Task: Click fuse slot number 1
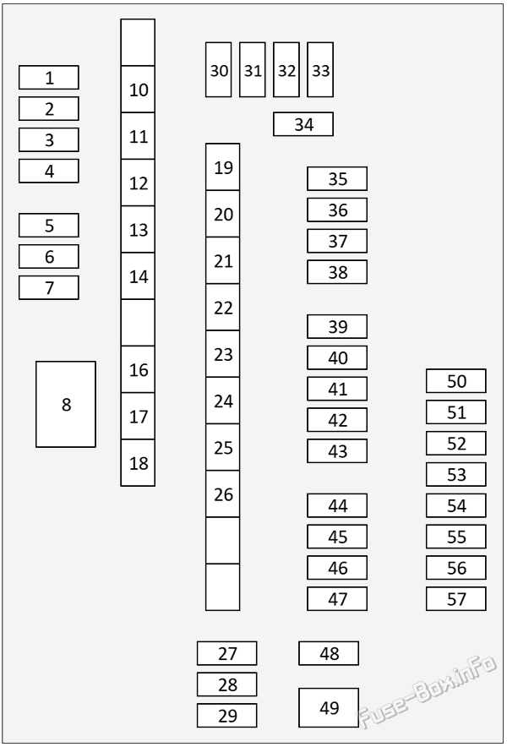(49, 78)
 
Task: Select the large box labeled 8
(66, 404)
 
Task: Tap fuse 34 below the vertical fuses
(303, 124)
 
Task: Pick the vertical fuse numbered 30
(219, 69)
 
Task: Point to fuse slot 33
(320, 69)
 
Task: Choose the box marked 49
(329, 707)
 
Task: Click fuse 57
(456, 599)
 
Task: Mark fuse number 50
(456, 381)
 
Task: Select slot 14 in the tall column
(138, 276)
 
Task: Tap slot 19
(222, 167)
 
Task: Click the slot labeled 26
(222, 494)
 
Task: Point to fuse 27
(226, 653)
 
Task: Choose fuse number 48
(329, 653)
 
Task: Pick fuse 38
(337, 272)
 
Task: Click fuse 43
(337, 450)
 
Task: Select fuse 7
(49, 288)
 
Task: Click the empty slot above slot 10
(138, 42)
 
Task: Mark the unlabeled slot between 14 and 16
(138, 323)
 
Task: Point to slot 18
(138, 462)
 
